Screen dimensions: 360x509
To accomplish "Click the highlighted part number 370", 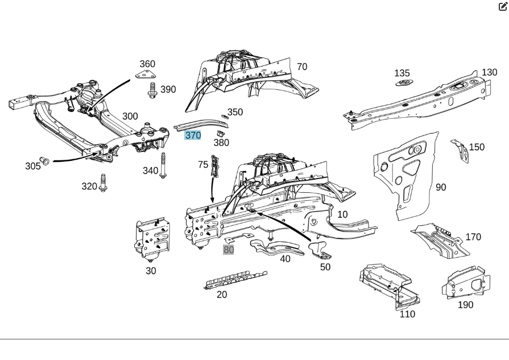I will click(x=193, y=135).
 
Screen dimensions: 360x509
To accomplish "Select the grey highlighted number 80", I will click(x=229, y=250).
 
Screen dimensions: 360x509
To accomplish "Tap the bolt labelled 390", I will click(x=152, y=90).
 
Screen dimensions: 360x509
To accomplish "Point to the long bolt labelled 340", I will click(x=163, y=165).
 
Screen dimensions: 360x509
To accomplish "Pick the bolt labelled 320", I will click(x=104, y=183).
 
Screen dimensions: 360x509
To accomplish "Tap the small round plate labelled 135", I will click(x=403, y=83).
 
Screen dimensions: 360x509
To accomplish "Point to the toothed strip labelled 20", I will click(x=234, y=280).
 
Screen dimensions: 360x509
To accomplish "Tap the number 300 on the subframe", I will click(x=130, y=117).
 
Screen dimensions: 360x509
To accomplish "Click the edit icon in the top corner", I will click(x=503, y=6).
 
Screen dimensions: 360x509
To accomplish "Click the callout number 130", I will click(x=489, y=72).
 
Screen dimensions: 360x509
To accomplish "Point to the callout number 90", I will click(x=441, y=187).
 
